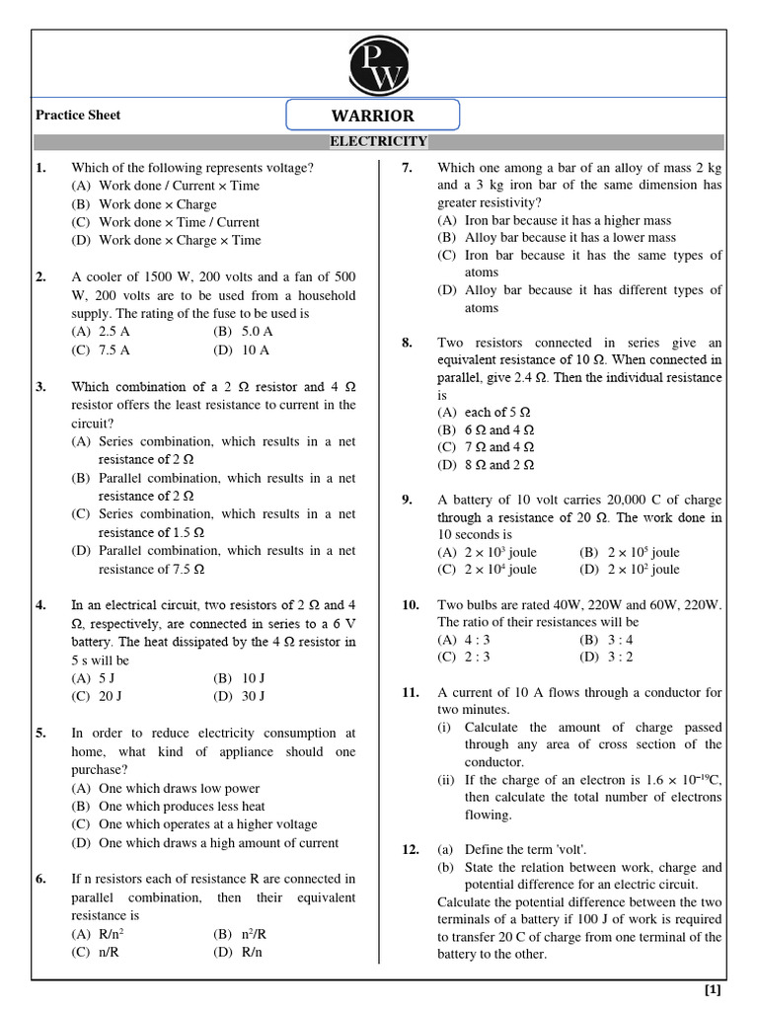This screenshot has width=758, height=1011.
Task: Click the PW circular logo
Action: (x=378, y=64)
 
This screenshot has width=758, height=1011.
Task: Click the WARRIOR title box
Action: (x=373, y=116)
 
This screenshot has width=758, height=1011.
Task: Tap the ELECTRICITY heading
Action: (x=378, y=142)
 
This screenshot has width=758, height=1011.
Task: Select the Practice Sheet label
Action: (x=78, y=116)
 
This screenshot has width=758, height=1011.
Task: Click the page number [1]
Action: (x=713, y=990)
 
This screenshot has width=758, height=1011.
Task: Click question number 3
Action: (x=40, y=387)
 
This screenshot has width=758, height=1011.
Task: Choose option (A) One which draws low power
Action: (x=166, y=789)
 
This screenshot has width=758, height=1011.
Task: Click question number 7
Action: (x=407, y=168)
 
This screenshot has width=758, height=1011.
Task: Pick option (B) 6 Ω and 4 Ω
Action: (x=486, y=429)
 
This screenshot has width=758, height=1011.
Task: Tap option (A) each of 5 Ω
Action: (x=485, y=412)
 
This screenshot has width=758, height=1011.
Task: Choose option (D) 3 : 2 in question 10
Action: (x=606, y=657)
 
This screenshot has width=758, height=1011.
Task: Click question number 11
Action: (x=411, y=693)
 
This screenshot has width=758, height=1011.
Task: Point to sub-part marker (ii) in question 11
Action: (x=447, y=780)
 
